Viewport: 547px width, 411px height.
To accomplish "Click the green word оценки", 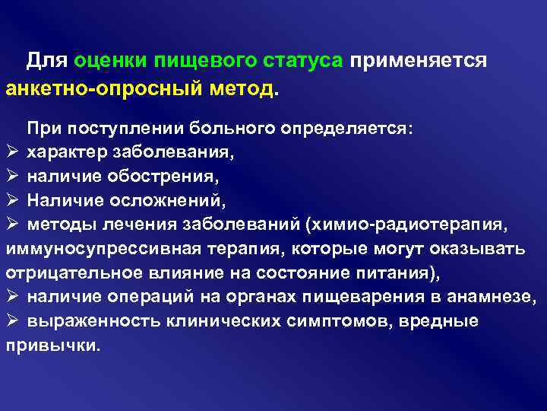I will pyautogui.click(x=109, y=60).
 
